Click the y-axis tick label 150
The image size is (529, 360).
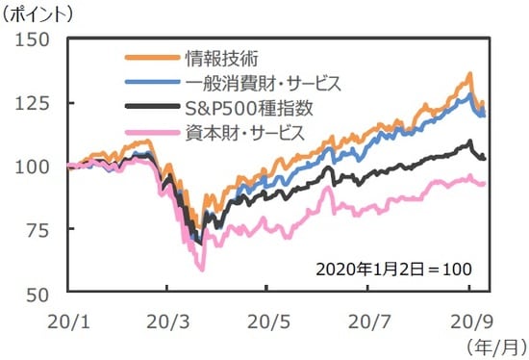(x=33, y=40)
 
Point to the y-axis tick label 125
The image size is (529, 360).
(x=33, y=103)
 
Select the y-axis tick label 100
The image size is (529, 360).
(x=33, y=166)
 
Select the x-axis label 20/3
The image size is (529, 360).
(x=167, y=317)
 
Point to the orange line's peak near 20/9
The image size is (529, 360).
(x=468, y=74)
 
